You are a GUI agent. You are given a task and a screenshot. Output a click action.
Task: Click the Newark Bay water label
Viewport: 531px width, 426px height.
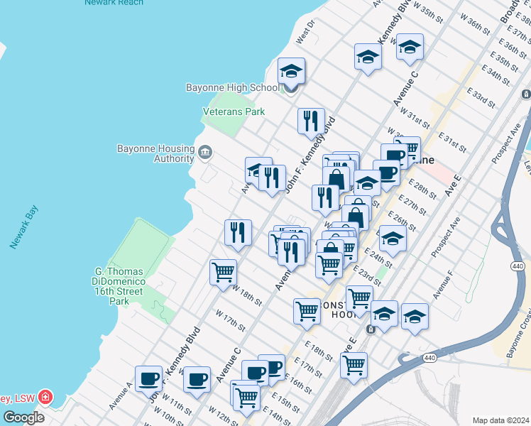(23, 227)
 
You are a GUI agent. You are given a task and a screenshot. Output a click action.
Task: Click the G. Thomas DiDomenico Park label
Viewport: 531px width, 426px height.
(119, 286)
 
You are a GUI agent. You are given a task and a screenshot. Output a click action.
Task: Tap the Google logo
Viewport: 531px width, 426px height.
(23, 417)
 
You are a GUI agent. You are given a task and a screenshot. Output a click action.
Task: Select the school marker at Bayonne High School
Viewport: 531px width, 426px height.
(291, 72)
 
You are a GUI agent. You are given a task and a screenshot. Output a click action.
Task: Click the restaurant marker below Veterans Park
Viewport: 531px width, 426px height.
(311, 121)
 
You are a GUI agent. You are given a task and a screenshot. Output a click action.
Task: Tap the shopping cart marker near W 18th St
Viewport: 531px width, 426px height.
(223, 272)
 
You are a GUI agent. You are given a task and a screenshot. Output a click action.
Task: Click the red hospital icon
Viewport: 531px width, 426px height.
(45, 395)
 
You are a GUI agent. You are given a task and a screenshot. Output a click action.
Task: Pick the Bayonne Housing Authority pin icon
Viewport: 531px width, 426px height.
(204, 151)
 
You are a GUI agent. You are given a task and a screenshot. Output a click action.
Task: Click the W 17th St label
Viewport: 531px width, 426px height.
(230, 322)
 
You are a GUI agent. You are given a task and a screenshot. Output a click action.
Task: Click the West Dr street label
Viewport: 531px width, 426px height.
(306, 34)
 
